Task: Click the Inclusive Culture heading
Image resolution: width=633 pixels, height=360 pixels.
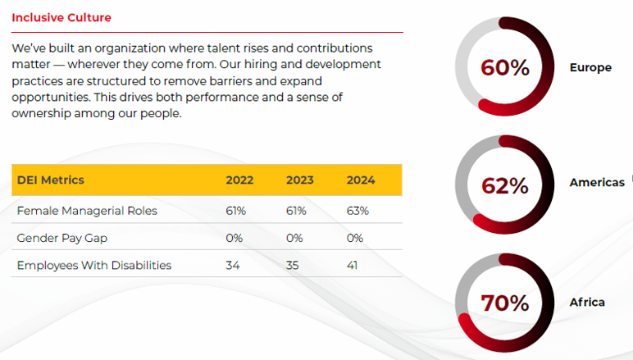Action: pyautogui.click(x=61, y=17)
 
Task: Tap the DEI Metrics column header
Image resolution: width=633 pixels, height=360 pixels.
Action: pyautogui.click(x=51, y=180)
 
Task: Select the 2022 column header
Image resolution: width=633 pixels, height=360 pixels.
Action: pyautogui.click(x=239, y=180)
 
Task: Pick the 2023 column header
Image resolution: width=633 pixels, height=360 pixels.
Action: pyautogui.click(x=300, y=180)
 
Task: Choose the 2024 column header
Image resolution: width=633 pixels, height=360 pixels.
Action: pyautogui.click(x=361, y=180)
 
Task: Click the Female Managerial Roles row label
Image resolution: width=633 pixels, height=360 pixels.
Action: pyautogui.click(x=87, y=211)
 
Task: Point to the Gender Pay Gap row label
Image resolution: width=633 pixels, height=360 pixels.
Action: pyautogui.click(x=61, y=238)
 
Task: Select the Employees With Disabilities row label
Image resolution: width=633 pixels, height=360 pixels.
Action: pyautogui.click(x=94, y=265)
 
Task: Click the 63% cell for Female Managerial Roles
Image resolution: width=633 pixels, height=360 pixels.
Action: pyautogui.click(x=357, y=211)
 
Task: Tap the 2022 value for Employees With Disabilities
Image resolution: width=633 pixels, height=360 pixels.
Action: pyautogui.click(x=233, y=265)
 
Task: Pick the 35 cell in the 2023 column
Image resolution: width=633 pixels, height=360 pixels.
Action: pyautogui.click(x=293, y=265)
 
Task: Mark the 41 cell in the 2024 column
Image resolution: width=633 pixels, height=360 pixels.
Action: pyautogui.click(x=353, y=265)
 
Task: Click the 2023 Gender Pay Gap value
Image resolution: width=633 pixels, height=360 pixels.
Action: pyautogui.click(x=295, y=238)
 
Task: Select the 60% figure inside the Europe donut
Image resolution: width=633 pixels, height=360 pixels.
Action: pyautogui.click(x=504, y=68)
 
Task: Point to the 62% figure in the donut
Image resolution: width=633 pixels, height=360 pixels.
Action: pyautogui.click(x=504, y=186)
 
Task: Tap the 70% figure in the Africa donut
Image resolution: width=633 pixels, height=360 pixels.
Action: pyautogui.click(x=504, y=303)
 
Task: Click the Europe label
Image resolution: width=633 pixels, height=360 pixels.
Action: pyautogui.click(x=590, y=68)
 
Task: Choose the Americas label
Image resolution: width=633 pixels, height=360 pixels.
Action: pyautogui.click(x=597, y=182)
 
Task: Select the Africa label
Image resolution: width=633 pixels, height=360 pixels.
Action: pyautogui.click(x=587, y=303)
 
